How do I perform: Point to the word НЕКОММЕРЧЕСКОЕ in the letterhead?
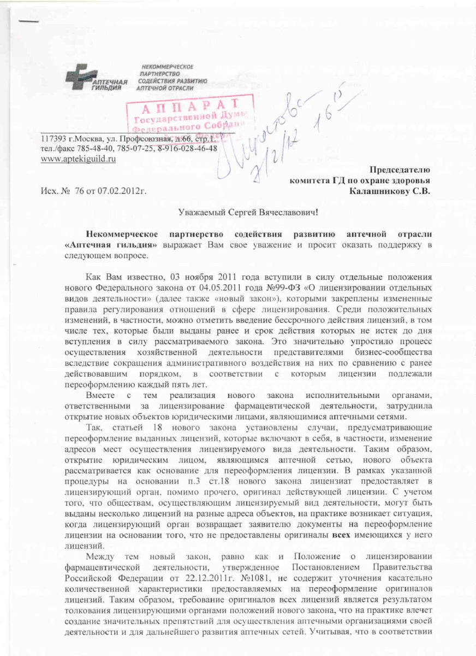coord(166,67)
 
